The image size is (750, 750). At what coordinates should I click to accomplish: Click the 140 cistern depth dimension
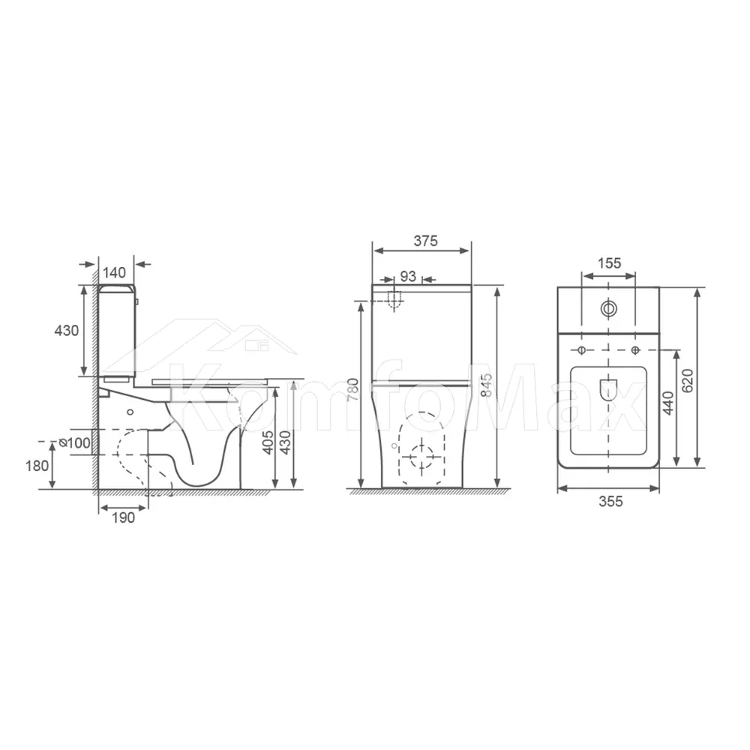pos(114,273)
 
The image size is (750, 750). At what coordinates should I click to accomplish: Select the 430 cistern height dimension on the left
pos(67,331)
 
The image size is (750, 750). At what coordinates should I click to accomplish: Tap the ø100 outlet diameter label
pos(74,443)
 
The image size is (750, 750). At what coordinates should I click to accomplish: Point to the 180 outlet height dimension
pos(37,466)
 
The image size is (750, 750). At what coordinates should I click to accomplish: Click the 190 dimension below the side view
pos(124,517)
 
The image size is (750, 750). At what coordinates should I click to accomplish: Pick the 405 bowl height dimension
pos(268,442)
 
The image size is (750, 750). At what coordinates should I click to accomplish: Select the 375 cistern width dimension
pos(426,241)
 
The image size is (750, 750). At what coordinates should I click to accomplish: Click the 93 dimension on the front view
pos(408,277)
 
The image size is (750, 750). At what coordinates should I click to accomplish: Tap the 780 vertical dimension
pos(352,390)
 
